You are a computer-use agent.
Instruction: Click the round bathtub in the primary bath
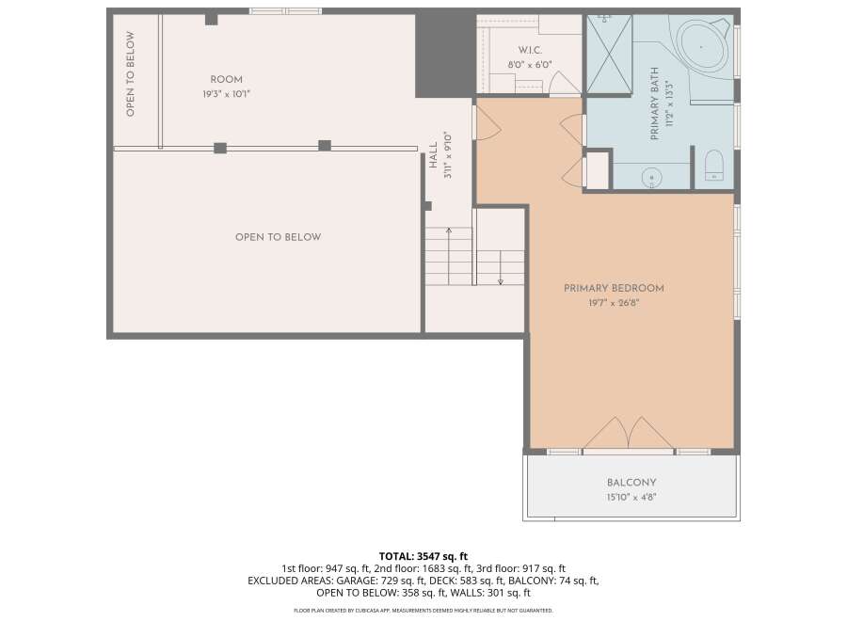pyautogui.click(x=701, y=46)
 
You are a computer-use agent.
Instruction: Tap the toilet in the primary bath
pyautogui.click(x=713, y=165)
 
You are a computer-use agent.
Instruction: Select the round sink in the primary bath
pyautogui.click(x=652, y=178)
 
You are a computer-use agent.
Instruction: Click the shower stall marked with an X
pyautogui.click(x=609, y=54)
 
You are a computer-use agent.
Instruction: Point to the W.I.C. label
pyautogui.click(x=530, y=50)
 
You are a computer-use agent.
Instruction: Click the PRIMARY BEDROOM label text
pyautogui.click(x=614, y=288)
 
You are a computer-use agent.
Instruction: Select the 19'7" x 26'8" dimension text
pyautogui.click(x=614, y=303)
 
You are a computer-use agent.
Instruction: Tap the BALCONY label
pyautogui.click(x=631, y=483)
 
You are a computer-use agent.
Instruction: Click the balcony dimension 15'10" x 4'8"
pyautogui.click(x=631, y=497)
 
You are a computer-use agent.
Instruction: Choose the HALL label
pyautogui.click(x=433, y=155)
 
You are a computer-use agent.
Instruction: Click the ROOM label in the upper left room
pyautogui.click(x=226, y=79)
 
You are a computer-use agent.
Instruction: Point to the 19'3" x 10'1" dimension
pyautogui.click(x=226, y=94)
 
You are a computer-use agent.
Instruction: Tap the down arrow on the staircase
pyautogui.click(x=501, y=267)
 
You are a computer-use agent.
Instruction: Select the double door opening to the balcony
pyautogui.click(x=629, y=433)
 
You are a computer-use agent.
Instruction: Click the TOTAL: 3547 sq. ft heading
pyautogui.click(x=423, y=556)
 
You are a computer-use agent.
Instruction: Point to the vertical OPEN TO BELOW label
pyautogui.click(x=130, y=74)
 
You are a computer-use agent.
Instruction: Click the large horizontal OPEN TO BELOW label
pyautogui.click(x=279, y=237)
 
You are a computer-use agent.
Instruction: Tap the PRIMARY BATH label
pyautogui.click(x=655, y=103)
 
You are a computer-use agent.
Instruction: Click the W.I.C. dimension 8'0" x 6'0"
pyautogui.click(x=530, y=65)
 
